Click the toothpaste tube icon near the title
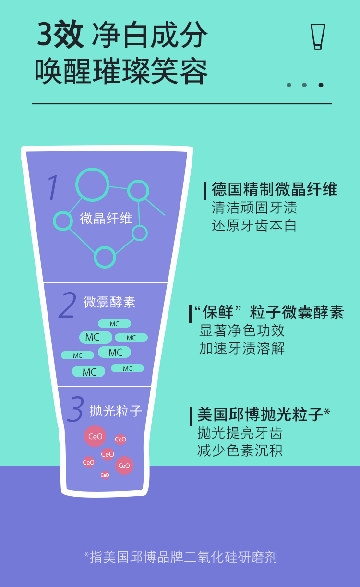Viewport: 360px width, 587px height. pos(317,37)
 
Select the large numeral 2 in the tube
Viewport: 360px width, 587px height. pos(68,306)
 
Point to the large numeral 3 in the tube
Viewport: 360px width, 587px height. pos(76,409)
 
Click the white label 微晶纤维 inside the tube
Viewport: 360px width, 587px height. pos(106,218)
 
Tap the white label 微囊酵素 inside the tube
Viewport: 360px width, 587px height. pos(109,302)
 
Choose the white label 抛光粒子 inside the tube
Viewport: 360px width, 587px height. pos(116,411)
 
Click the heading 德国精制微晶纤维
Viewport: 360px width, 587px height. pos(275,189)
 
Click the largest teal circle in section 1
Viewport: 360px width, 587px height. pos(93,184)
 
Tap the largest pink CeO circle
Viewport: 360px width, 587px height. pos(95,436)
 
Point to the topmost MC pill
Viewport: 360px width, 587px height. pos(114,324)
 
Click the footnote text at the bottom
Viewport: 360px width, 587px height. pos(180,557)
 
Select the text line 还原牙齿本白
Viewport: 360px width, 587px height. pos(254,225)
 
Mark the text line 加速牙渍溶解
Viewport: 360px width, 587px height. pos(242,348)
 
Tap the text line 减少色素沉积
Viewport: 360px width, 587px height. pos(240,451)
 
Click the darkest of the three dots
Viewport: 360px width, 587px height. pos(321,85)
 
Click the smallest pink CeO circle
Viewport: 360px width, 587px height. pos(105,475)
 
